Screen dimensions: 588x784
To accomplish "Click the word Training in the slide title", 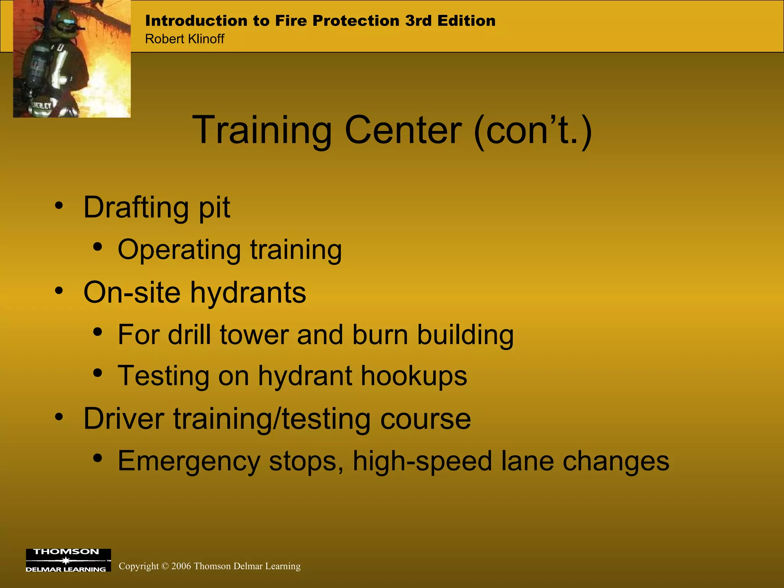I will (262, 131).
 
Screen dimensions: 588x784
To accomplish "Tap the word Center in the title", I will (403, 131).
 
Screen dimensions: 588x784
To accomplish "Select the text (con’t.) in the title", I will (533, 131).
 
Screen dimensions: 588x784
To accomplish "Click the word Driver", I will (124, 419).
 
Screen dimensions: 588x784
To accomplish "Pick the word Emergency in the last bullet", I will (189, 461).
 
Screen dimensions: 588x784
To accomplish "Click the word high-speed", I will (422, 461).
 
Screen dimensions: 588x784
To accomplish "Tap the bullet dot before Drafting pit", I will (59, 206).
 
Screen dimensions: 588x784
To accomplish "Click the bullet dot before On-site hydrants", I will (59, 291).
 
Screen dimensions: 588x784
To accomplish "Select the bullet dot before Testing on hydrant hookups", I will (98, 372).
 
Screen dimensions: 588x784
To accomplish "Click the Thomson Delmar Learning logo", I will (68, 560).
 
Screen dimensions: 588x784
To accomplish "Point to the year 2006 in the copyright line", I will (181, 566).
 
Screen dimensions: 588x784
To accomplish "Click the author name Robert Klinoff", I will (185, 39).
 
